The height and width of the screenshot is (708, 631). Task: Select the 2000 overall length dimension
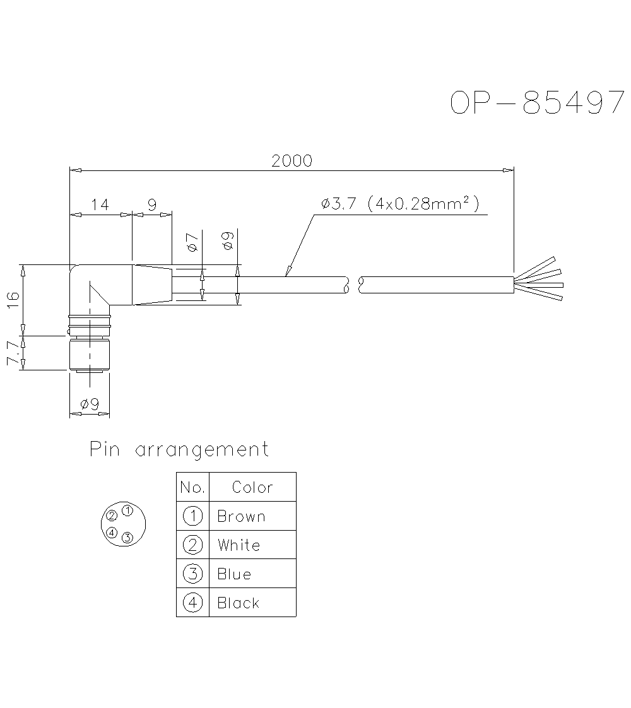click(x=292, y=161)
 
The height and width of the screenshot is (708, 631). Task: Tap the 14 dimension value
click(x=100, y=204)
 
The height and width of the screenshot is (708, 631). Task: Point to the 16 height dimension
click(x=12, y=299)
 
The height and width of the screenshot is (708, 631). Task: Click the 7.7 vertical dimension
click(x=12, y=353)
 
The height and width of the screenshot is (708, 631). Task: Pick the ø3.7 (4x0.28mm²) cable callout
click(x=399, y=204)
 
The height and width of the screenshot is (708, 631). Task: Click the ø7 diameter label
click(x=193, y=242)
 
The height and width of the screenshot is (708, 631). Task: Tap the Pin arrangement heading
click(x=179, y=450)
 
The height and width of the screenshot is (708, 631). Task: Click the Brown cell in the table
click(x=241, y=516)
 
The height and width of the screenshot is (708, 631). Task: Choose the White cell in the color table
click(x=239, y=545)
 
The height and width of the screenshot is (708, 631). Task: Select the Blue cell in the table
click(x=234, y=574)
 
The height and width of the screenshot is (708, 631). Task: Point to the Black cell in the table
click(x=238, y=603)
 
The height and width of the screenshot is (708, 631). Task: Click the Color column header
click(x=252, y=487)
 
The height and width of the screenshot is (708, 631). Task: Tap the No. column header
click(x=192, y=487)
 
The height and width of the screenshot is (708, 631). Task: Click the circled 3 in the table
click(x=192, y=574)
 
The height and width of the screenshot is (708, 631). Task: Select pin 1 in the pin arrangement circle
click(x=127, y=510)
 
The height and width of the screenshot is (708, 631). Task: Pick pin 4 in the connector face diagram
click(x=112, y=533)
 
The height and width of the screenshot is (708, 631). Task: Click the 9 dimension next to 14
click(x=152, y=204)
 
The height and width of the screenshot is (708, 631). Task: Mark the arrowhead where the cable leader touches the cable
click(x=287, y=273)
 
